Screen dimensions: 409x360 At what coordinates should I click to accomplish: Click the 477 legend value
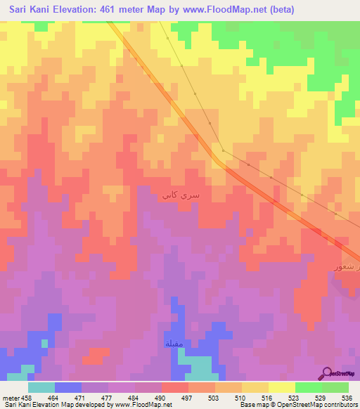107,397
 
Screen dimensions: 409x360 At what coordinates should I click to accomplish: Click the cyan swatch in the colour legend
41,387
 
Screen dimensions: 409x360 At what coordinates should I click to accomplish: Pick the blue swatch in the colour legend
68,387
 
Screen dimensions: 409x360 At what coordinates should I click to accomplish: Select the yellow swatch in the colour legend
281,387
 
